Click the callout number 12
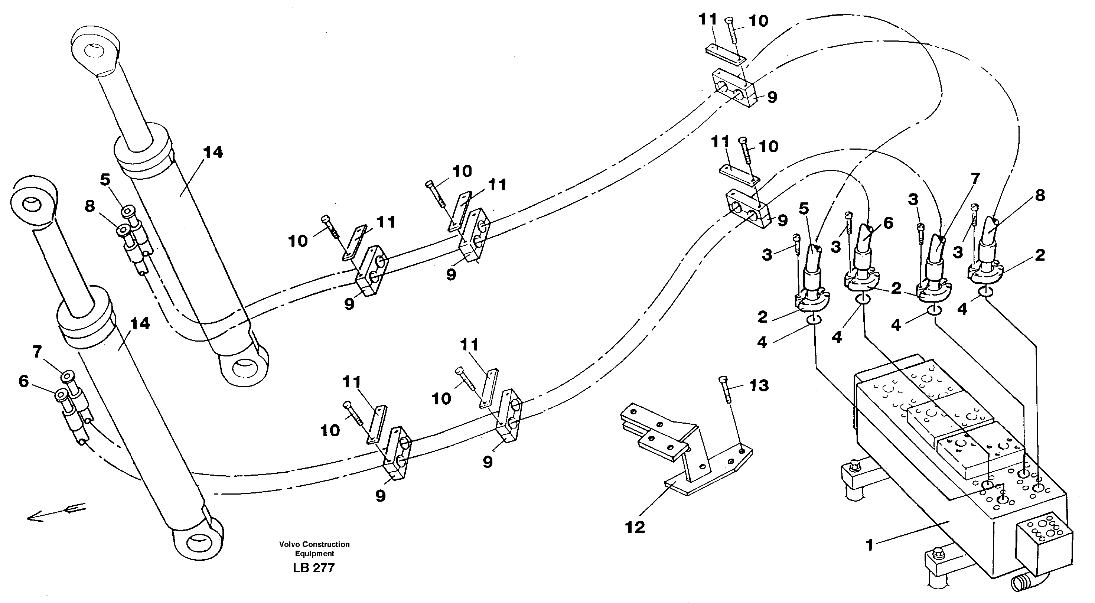click(635, 527)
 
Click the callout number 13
click(759, 385)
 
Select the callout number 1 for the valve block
click(869, 544)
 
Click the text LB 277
click(314, 568)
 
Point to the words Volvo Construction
click(314, 544)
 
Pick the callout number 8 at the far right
click(1040, 195)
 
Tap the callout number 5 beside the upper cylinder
click(105, 179)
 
